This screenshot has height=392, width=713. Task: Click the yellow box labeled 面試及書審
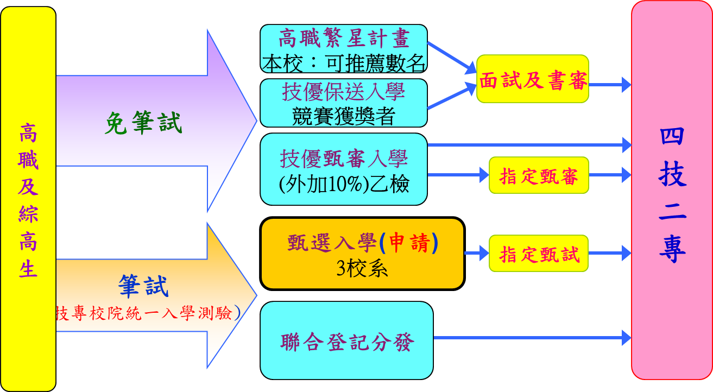coord(533,79)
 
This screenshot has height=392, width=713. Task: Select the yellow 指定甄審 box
coord(539,175)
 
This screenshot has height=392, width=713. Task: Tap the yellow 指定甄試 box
coord(539,254)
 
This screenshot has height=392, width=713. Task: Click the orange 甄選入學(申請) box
coord(363,254)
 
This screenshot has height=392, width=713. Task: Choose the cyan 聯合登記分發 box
coord(346,340)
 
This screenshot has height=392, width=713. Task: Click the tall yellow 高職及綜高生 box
coord(28,199)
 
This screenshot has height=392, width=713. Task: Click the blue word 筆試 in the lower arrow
coord(143,286)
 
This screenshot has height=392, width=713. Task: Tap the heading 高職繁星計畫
coord(344,39)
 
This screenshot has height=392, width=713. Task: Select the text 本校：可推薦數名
coord(344,64)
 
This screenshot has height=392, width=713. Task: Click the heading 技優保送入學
coord(344,91)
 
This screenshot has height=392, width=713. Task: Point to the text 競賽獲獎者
coord(344,116)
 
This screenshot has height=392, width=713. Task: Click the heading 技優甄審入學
coord(344,159)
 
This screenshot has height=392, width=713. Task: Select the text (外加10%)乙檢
coord(344,185)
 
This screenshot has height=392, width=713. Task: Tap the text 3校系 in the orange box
coord(362,269)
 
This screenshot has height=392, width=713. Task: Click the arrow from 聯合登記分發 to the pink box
coord(532,338)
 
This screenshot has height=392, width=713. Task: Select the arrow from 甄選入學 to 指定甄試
coord(477,253)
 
